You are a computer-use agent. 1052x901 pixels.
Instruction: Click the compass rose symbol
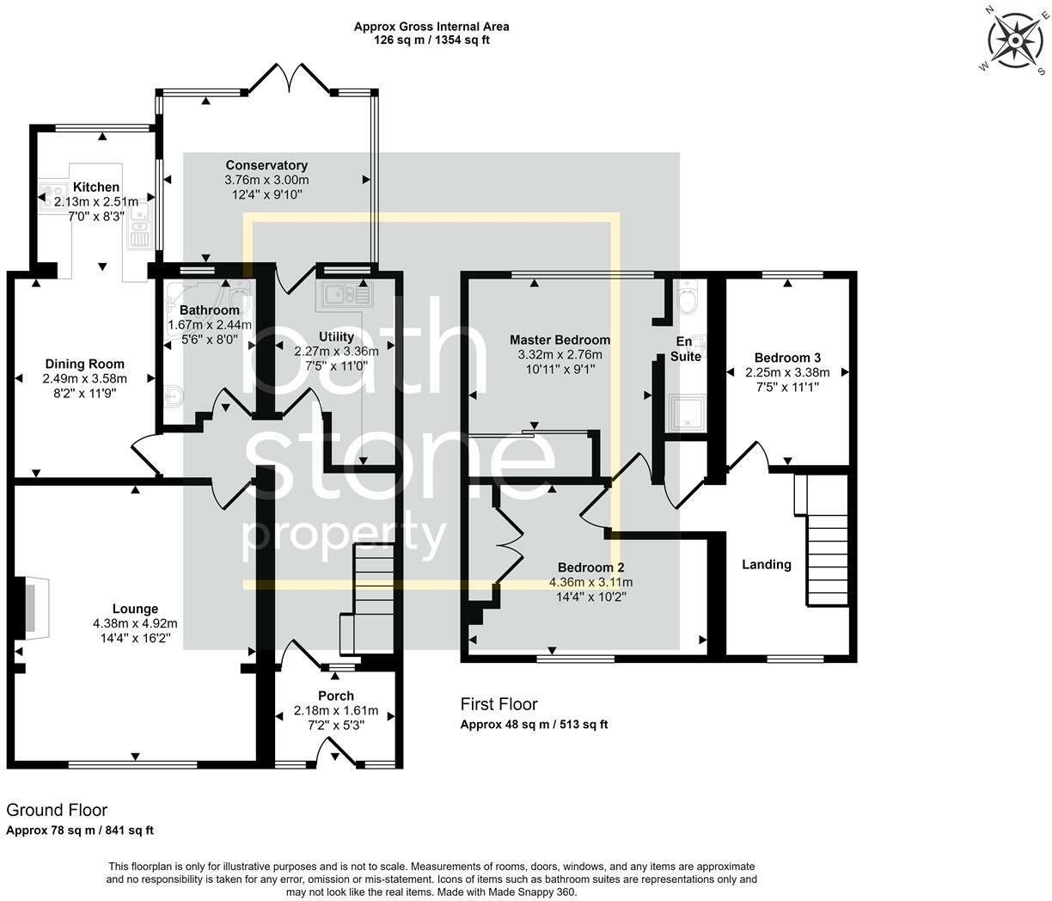tap(1015, 40)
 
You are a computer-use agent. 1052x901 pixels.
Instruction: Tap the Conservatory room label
tap(266, 165)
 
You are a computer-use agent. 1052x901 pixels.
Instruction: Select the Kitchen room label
tap(96, 187)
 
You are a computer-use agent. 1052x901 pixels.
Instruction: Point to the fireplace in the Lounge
tap(28, 608)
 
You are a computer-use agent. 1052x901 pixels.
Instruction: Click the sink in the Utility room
tap(346, 295)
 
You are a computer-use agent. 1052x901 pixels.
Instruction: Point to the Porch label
tap(335, 696)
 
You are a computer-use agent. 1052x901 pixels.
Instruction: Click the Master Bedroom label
tap(560, 340)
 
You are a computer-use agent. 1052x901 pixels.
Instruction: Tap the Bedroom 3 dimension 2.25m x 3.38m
tap(787, 372)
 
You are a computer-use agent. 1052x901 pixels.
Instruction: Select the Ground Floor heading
tap(57, 810)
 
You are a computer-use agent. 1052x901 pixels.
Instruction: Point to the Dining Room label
tap(84, 364)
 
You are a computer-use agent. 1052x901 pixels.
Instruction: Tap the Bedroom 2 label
tap(590, 567)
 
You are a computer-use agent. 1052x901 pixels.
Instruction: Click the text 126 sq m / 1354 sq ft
tap(431, 40)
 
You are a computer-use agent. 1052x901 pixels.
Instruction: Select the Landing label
tap(766, 565)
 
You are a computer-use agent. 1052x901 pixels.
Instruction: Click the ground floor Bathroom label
tap(210, 310)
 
